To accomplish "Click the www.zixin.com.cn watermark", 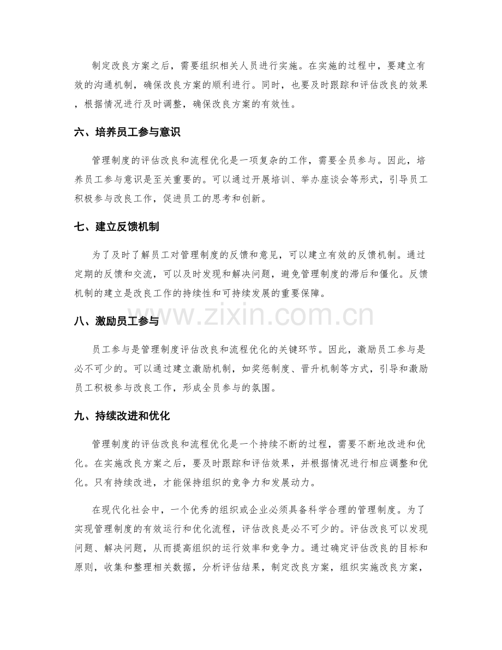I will [250, 315].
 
